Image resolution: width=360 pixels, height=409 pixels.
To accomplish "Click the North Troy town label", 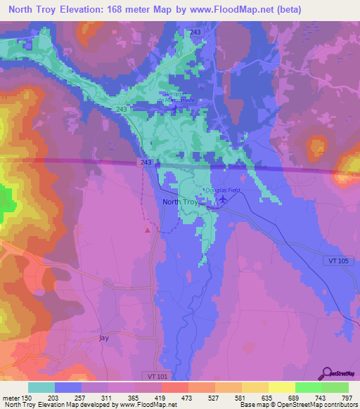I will coord(181,202).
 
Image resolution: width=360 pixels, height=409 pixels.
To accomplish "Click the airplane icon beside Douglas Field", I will coord(223,200).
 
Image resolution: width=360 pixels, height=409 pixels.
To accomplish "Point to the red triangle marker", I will coord(148,228).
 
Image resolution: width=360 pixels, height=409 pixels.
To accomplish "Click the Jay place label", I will coord(104,338).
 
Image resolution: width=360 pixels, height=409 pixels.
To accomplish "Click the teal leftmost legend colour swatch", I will coord(41,387).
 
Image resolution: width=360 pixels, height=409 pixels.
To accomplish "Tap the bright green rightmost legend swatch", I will coord(335,387).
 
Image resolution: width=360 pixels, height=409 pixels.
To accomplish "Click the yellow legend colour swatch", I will coord(282,387).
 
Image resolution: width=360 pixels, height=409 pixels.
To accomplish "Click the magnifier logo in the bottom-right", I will coord(328,372).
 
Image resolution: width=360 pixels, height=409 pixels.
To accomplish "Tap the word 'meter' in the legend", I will coord(11,397).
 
